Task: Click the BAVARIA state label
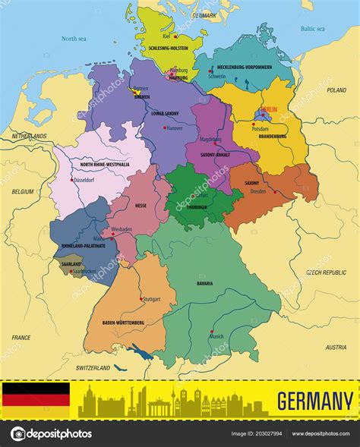point(204,283)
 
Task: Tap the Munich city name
point(216,336)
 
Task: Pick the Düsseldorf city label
point(84,180)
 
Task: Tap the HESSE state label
point(141,206)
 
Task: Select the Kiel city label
point(166,36)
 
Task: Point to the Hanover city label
point(174,128)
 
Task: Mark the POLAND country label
point(336,90)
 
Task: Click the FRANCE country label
point(21,337)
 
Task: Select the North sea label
point(74,38)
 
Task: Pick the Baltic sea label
point(311,29)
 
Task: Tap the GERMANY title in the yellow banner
point(314,400)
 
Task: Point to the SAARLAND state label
point(71,263)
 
